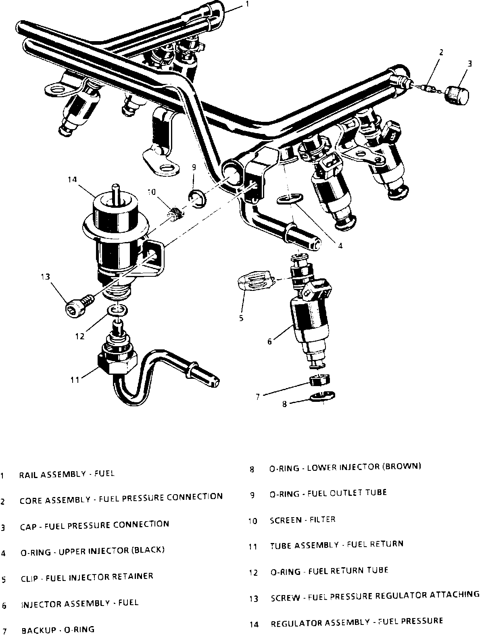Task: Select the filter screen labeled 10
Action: (175, 213)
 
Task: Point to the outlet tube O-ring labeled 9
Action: (197, 198)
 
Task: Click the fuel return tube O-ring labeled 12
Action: (116, 311)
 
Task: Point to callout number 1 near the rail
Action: (247, 4)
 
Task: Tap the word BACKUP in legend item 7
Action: (38, 630)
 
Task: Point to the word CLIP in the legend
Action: (29, 578)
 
